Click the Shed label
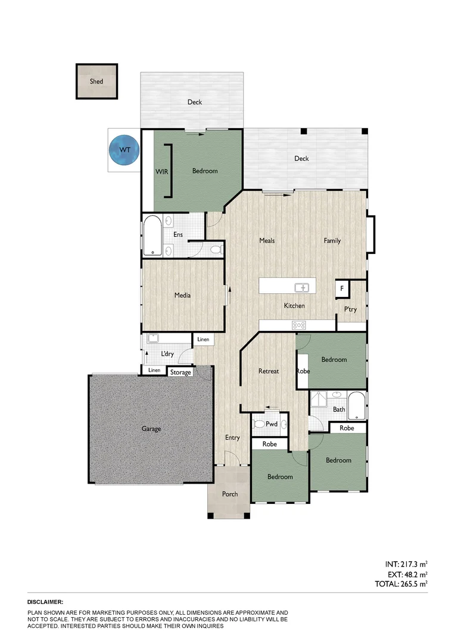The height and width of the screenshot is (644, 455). click(x=96, y=81)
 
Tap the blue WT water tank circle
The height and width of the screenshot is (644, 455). click(x=124, y=150)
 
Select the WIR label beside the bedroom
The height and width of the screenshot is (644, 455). click(x=161, y=171)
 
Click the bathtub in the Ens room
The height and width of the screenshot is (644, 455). click(x=152, y=235)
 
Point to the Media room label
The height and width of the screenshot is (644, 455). click(x=182, y=295)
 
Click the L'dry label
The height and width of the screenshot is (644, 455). click(x=167, y=354)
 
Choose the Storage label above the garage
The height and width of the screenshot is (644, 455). click(x=181, y=373)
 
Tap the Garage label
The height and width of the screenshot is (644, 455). click(x=151, y=429)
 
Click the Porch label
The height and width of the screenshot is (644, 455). click(x=230, y=494)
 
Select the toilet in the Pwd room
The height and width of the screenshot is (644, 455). click(x=260, y=425)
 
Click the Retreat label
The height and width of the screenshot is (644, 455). click(x=269, y=371)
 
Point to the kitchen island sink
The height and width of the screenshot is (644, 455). click(x=304, y=287)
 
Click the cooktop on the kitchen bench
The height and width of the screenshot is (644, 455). click(x=298, y=325)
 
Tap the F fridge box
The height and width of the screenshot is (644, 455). click(x=342, y=289)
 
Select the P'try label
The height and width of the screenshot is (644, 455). click(x=351, y=309)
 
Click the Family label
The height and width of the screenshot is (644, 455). click(x=332, y=241)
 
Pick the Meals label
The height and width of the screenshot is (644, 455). click(x=267, y=241)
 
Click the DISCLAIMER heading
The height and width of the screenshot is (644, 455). click(x=45, y=603)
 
